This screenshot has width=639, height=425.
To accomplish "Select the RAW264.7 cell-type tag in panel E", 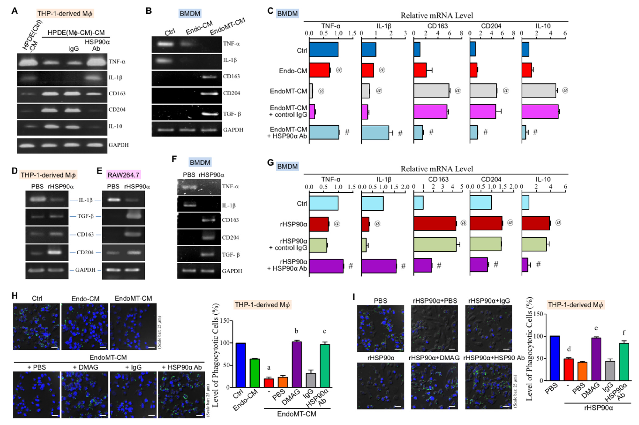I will (123, 175).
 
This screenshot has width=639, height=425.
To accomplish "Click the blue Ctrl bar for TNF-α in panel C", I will (323, 49).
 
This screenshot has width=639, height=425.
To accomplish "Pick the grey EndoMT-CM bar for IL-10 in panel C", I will (538, 91).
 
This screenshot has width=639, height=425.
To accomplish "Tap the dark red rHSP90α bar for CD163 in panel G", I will (434, 224).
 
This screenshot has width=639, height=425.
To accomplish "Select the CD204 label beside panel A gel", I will (117, 109).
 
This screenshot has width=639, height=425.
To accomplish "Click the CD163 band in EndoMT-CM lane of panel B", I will (209, 77).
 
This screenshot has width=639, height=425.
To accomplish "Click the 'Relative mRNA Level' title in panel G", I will (437, 169).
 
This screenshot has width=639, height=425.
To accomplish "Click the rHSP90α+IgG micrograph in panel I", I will (489, 328).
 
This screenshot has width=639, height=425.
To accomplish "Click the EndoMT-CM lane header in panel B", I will (227, 27).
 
